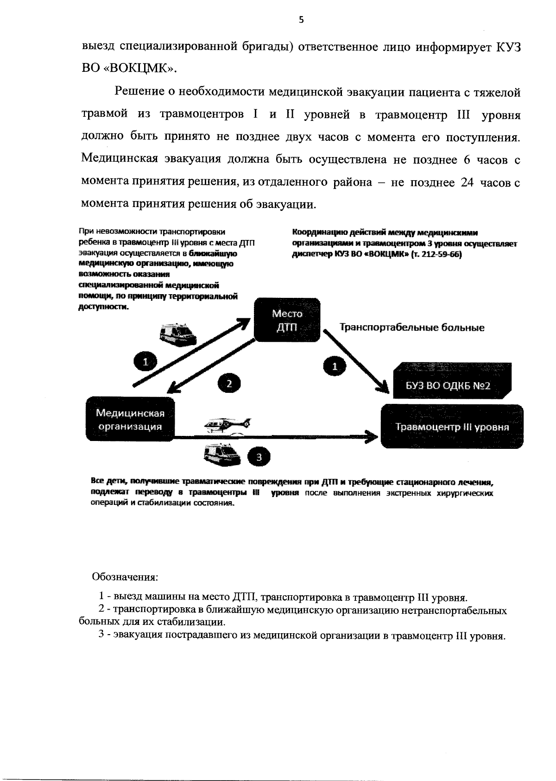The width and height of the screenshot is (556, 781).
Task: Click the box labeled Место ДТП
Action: [287, 320]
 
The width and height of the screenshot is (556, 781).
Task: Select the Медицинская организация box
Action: [130, 420]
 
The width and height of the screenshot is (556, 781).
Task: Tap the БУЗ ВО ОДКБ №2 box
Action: [448, 386]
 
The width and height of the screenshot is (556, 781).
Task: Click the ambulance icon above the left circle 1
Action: [177, 333]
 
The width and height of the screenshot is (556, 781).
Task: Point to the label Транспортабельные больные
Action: [412, 328]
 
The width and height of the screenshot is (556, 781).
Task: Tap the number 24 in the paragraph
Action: [466, 183]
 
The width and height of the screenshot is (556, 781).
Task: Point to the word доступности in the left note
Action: [102, 307]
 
